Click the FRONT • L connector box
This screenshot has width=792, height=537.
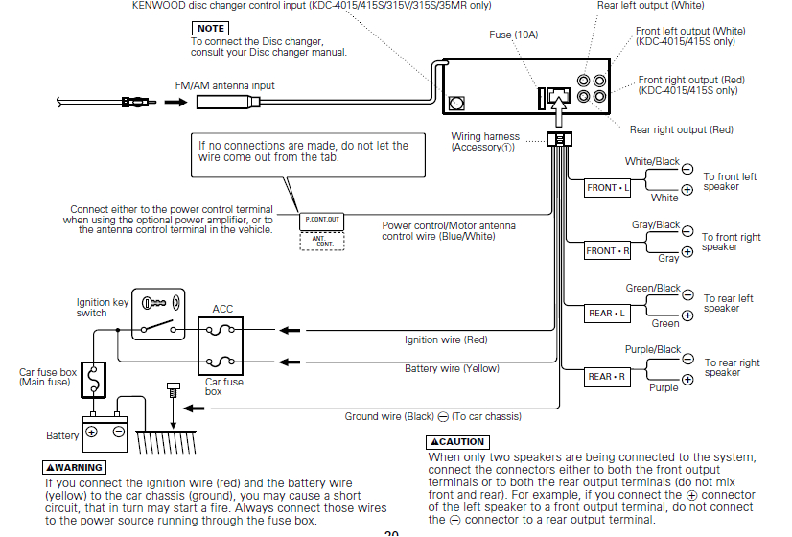[x=608, y=188]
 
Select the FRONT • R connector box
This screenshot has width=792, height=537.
[x=608, y=251]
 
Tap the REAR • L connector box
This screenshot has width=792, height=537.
[x=607, y=314]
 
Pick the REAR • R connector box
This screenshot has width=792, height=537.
[x=607, y=377]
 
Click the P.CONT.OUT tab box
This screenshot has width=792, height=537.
[x=322, y=220]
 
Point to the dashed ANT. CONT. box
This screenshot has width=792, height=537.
[x=322, y=242]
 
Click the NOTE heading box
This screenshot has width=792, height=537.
[x=211, y=29]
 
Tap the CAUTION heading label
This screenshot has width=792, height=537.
[x=456, y=442]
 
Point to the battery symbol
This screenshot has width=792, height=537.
[x=105, y=432]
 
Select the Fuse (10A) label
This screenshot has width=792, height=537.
[x=513, y=35]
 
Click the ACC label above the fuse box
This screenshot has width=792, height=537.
[x=222, y=310]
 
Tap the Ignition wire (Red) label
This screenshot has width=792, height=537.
[x=446, y=339]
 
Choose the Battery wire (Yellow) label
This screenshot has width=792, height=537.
[x=452, y=368]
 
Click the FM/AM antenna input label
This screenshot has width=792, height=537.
[x=224, y=85]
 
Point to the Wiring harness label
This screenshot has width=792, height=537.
[x=485, y=142]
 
